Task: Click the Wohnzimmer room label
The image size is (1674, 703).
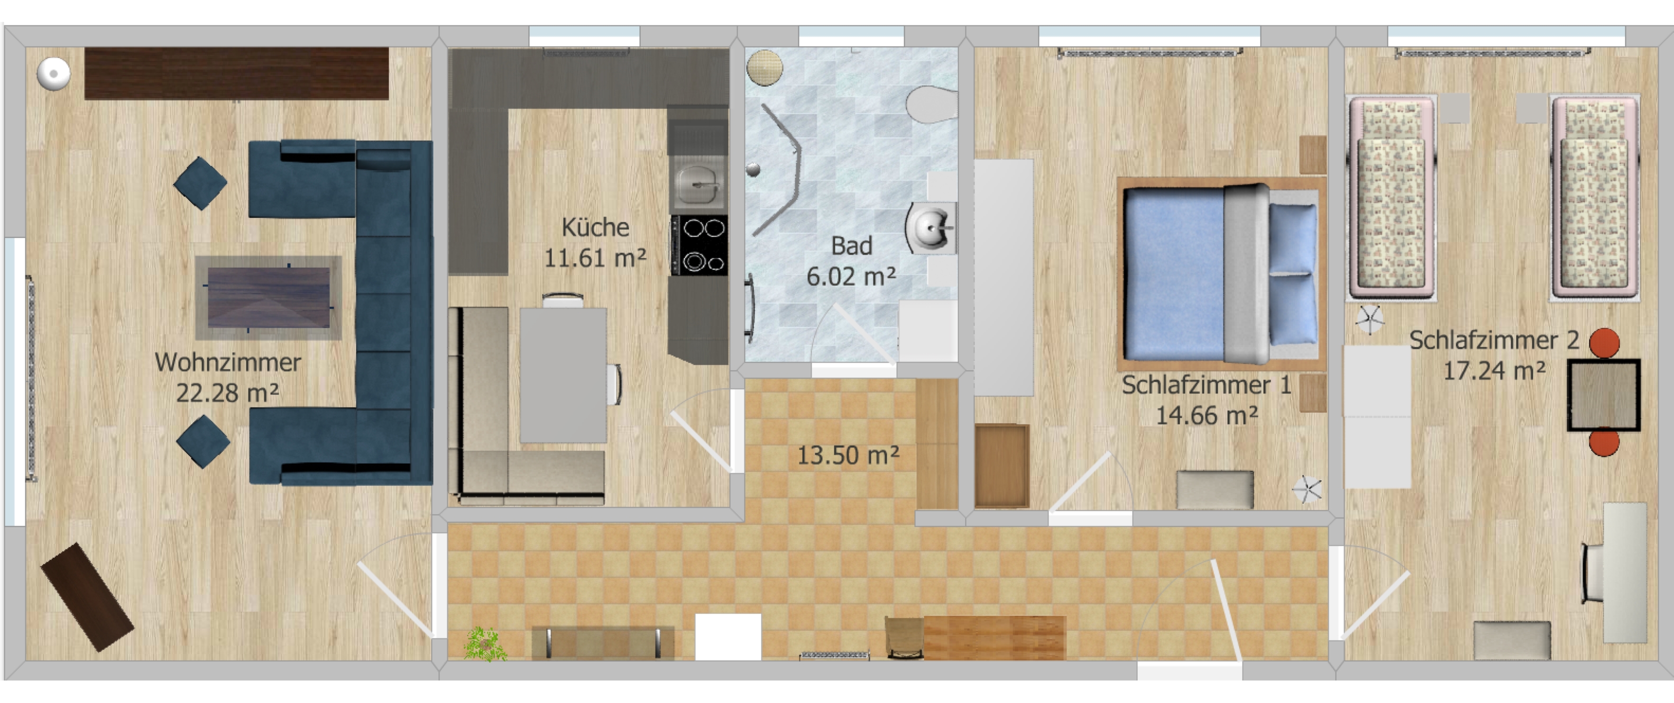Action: [228, 362]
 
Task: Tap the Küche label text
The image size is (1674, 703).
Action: [595, 228]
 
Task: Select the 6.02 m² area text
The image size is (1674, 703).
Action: [851, 277]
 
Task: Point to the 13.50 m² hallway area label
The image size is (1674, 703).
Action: [848, 455]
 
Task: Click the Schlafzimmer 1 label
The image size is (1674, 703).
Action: [1206, 385]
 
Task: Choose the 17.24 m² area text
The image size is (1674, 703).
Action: [1494, 371]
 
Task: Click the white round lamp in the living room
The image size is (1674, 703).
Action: [53, 73]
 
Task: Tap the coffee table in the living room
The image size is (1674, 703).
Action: [269, 298]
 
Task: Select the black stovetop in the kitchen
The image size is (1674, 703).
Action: [699, 246]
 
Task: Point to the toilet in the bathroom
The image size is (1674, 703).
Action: [932, 105]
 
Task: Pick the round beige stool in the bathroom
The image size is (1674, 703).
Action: [765, 67]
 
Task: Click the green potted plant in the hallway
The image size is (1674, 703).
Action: [485, 644]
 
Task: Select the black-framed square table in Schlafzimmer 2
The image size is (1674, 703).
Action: [1604, 395]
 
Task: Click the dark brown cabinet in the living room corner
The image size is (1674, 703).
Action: [88, 597]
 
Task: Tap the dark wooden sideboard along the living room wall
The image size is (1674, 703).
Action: [236, 73]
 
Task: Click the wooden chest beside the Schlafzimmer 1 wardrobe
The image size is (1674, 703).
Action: [1001, 466]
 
